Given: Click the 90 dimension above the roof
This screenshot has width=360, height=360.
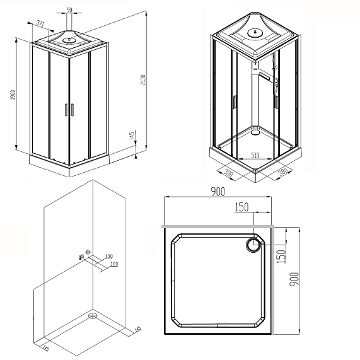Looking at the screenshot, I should coord(68,10).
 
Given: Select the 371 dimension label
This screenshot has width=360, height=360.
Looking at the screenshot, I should coord(40,23).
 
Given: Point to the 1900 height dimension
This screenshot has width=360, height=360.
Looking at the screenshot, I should coord(12,95).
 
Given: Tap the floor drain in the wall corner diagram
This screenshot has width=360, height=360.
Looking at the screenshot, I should coord(93,313).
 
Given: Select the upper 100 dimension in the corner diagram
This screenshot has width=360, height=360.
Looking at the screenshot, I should coord(108,257).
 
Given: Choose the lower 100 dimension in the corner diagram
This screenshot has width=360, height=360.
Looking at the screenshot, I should coord(114,264).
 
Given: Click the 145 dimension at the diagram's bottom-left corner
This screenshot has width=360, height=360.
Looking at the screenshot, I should coord(45,346).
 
